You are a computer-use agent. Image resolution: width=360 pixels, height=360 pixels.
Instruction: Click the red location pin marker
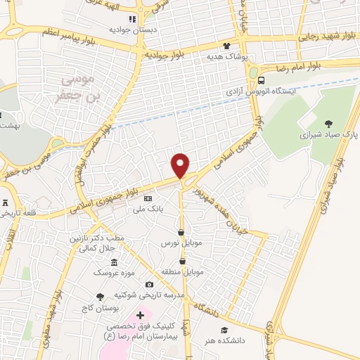coord(181,166)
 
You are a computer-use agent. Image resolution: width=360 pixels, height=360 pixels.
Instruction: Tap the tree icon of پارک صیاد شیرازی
coord(330,124)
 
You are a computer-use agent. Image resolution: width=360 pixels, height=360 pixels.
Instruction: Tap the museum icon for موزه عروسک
coord(114,262)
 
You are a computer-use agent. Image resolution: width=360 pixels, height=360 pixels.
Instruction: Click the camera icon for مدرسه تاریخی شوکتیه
coord(149,285)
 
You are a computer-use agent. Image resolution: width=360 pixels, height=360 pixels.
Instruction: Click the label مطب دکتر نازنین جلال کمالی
coord(96,243)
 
